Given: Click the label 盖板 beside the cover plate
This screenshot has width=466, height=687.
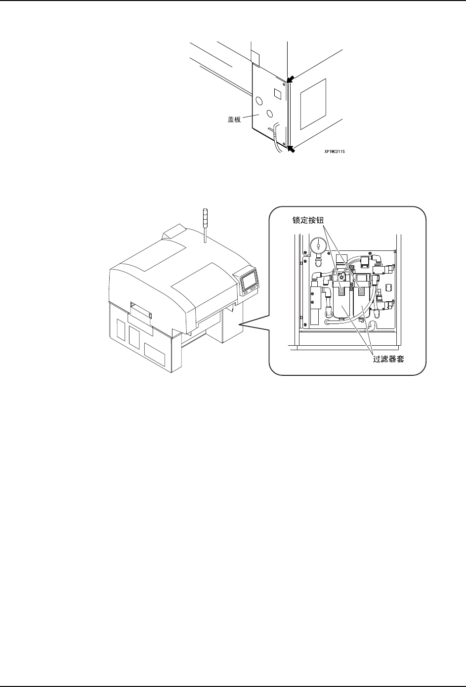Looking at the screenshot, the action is coord(234,119).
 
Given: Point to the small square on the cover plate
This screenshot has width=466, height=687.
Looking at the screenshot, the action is coord(278,93).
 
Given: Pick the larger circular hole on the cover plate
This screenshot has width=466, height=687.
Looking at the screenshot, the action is coord(259,101).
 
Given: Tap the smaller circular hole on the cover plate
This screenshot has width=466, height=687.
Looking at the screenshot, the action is coord(269,114).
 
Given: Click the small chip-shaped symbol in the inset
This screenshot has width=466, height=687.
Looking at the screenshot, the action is coord(388,287).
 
